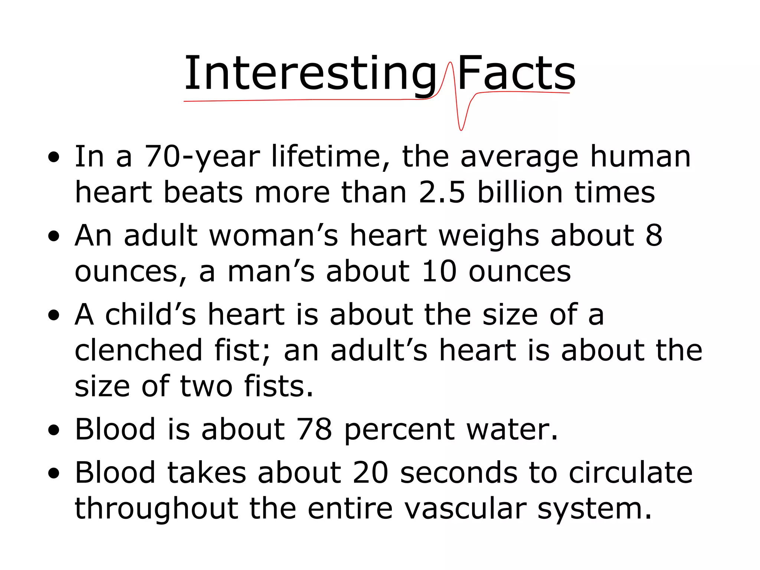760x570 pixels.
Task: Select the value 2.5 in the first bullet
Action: tap(442, 193)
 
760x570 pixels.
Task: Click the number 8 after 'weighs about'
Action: tap(654, 236)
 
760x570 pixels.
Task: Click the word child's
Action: tap(150, 315)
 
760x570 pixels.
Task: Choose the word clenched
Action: tap(138, 350)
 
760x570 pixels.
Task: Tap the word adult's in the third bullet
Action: tap(379, 350)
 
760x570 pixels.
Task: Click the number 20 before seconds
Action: tap(370, 473)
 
